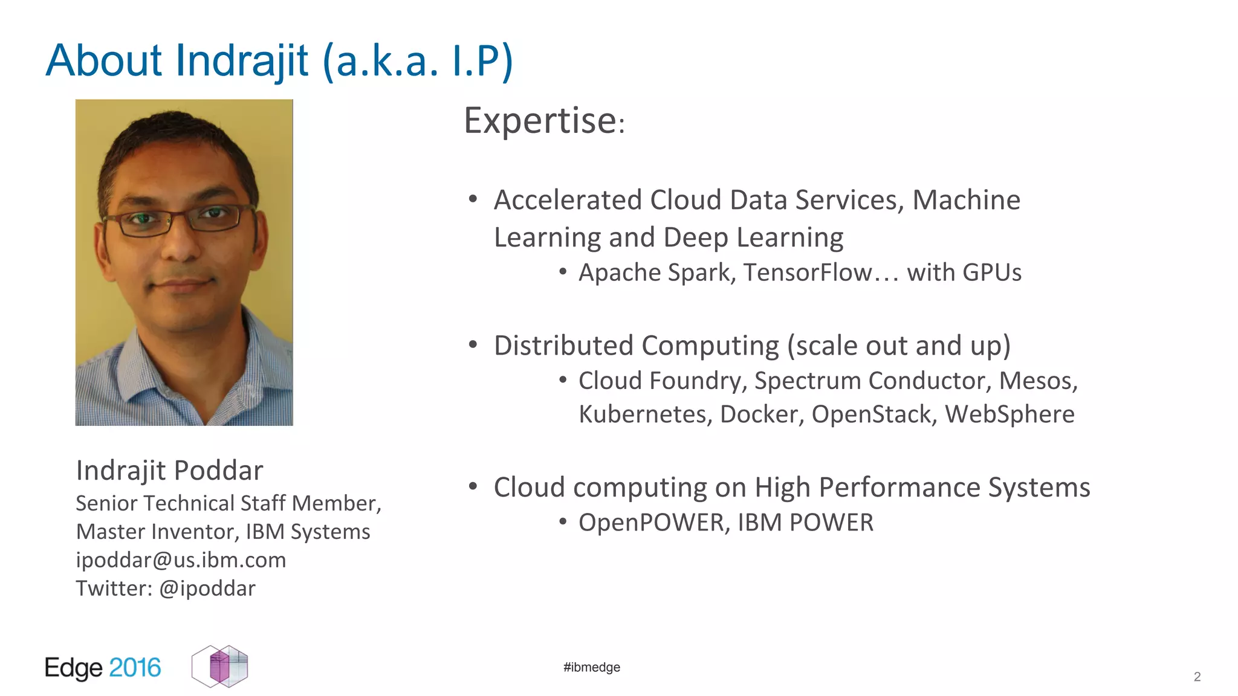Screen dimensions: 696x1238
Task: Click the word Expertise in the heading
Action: pyautogui.click(x=540, y=121)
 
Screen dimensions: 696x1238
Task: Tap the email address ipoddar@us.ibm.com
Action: pyautogui.click(x=181, y=560)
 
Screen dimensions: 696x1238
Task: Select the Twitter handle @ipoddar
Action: pyautogui.click(x=207, y=588)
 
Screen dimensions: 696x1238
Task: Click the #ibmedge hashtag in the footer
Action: pyautogui.click(x=591, y=667)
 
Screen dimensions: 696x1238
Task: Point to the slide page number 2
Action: pyautogui.click(x=1197, y=677)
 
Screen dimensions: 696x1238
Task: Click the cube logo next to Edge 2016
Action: pyautogui.click(x=220, y=666)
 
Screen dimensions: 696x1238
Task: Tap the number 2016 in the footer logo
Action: pyautogui.click(x=135, y=668)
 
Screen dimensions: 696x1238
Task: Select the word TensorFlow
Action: pyautogui.click(x=808, y=273)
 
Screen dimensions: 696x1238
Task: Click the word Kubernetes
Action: pyautogui.click(x=643, y=414)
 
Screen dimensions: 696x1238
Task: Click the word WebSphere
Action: pyautogui.click(x=1010, y=414)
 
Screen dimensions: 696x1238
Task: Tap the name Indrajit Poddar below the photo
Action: pyautogui.click(x=169, y=471)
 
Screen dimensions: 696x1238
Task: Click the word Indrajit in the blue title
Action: pyautogui.click(x=242, y=61)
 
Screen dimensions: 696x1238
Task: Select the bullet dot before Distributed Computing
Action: pyautogui.click(x=473, y=345)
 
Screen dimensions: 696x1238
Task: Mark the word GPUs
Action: pyautogui.click(x=991, y=273)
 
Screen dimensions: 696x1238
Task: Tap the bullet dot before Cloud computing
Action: pyautogui.click(x=473, y=486)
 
